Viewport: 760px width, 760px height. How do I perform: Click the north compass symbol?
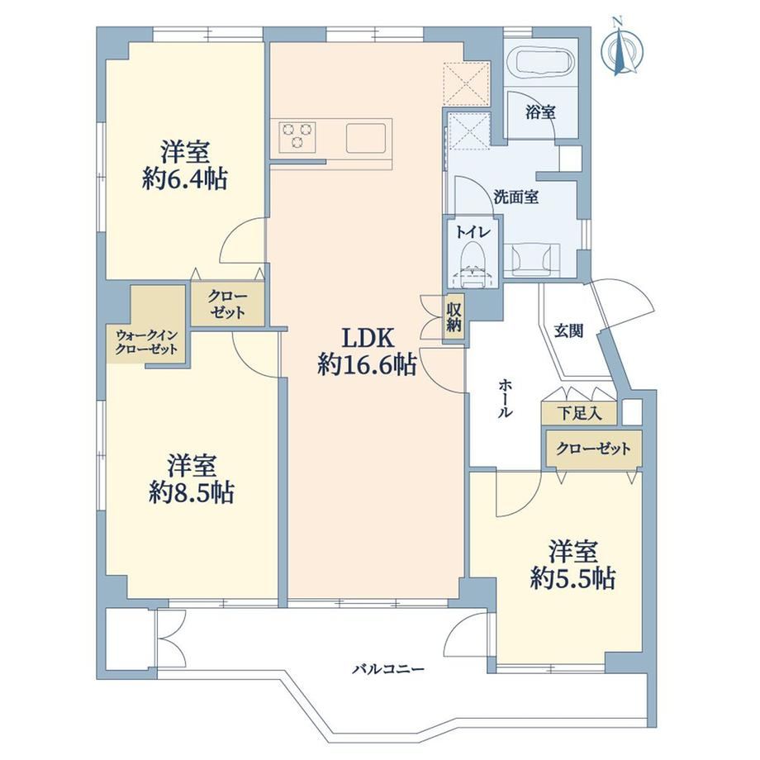(x=621, y=47)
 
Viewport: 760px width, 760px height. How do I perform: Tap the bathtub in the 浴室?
(x=544, y=63)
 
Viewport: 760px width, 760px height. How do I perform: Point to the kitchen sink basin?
(x=366, y=138)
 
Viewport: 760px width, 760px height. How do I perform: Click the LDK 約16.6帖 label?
(x=367, y=353)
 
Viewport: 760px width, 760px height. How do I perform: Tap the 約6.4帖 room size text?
(x=186, y=180)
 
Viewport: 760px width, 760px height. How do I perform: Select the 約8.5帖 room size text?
(x=192, y=493)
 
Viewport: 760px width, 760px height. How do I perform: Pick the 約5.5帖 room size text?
(x=573, y=578)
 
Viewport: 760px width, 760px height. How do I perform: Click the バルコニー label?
(x=388, y=670)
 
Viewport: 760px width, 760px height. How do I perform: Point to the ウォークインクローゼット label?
(x=147, y=342)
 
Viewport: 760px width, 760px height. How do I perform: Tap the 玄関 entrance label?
(x=568, y=331)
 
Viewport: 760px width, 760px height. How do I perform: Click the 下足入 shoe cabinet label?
(x=580, y=413)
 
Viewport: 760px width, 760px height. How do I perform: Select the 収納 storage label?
(x=454, y=318)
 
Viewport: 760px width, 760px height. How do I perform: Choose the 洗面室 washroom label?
(x=516, y=197)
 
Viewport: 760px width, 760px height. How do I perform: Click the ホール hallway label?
(x=505, y=399)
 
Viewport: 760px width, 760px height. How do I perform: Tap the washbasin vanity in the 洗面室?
(x=532, y=260)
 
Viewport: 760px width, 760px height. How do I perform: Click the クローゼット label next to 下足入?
(x=593, y=449)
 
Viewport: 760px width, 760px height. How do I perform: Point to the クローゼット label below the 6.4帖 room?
(x=227, y=304)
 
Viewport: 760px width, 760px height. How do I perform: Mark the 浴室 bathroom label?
(x=540, y=112)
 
